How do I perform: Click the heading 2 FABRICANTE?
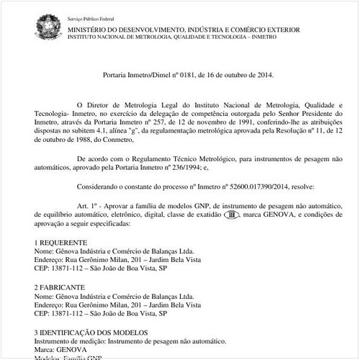pos(60,286)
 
